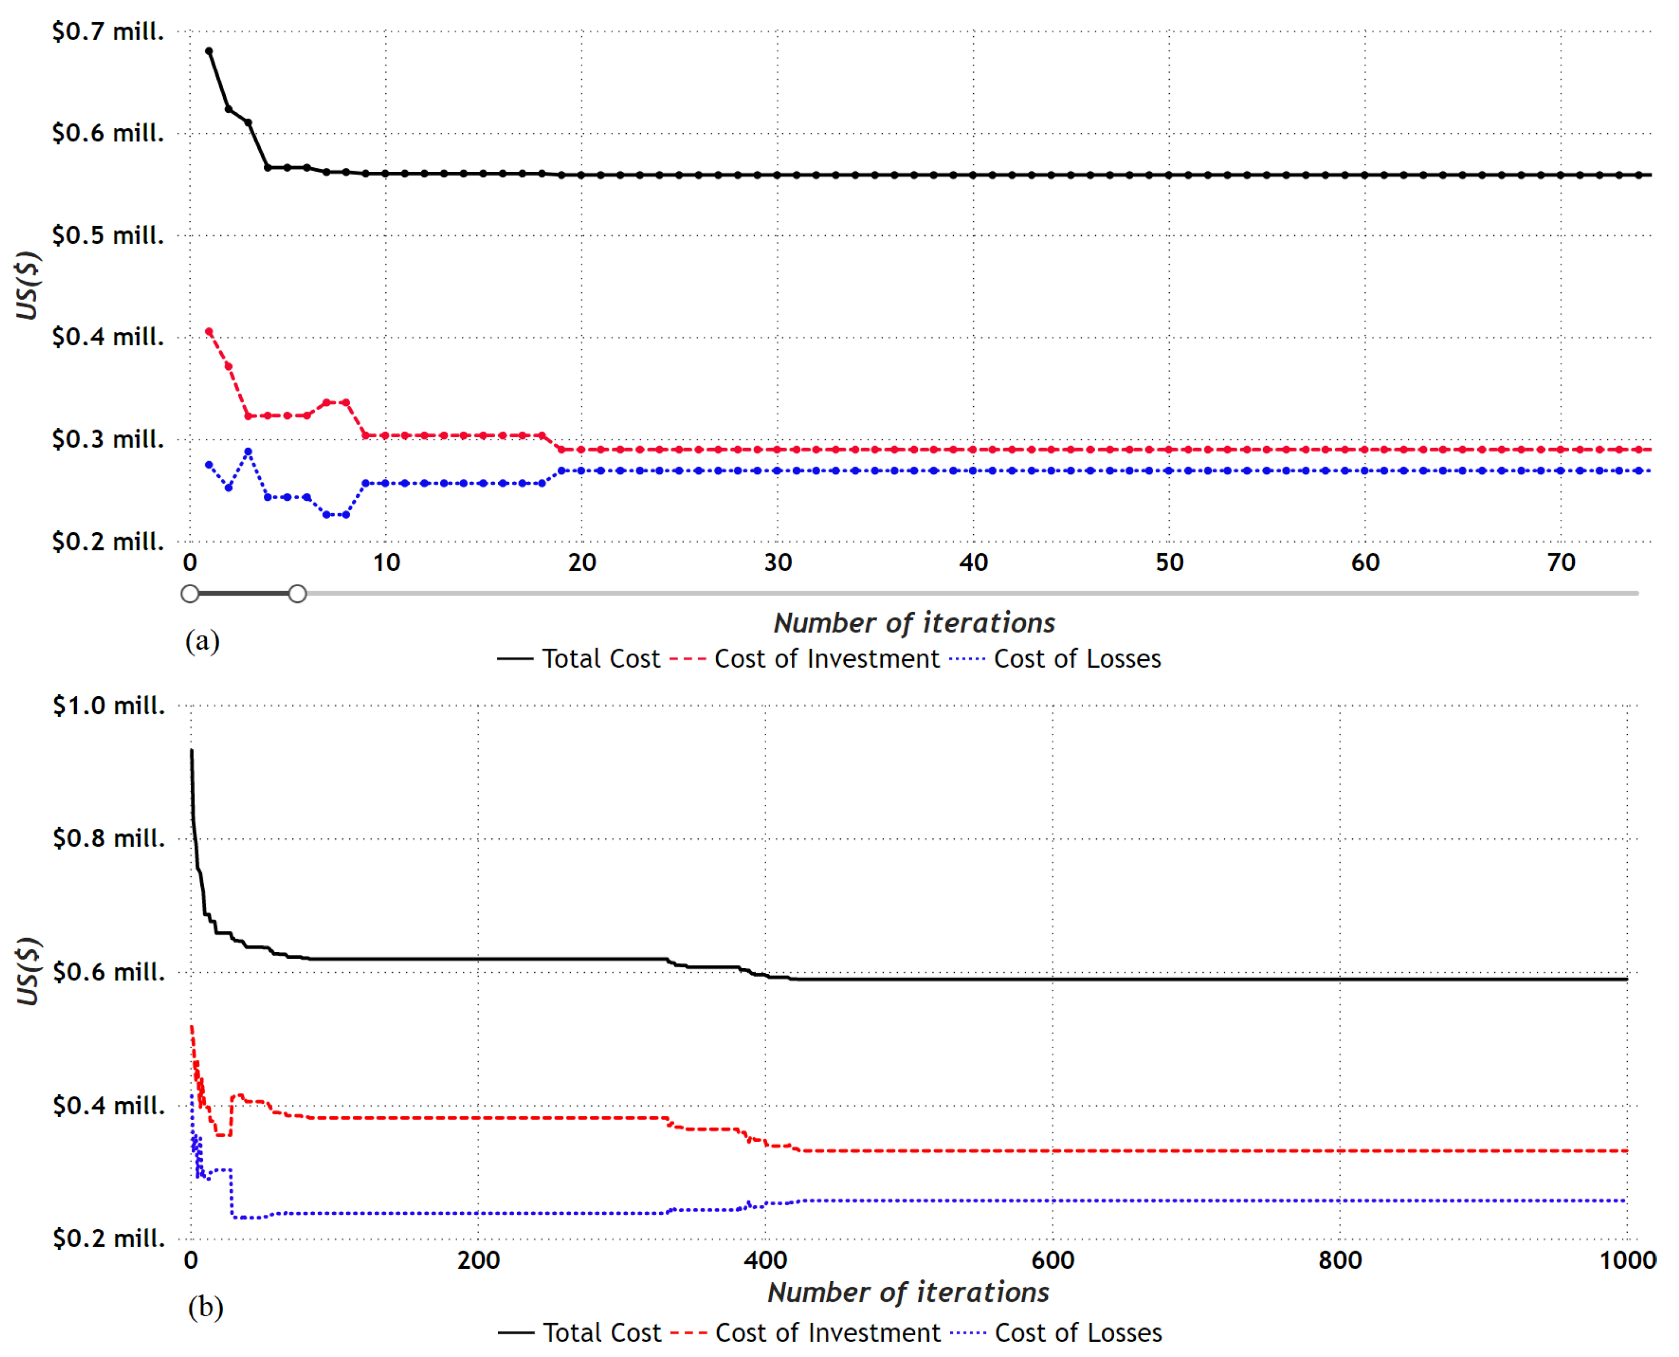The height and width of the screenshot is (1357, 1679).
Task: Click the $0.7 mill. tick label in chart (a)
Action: pyautogui.click(x=108, y=32)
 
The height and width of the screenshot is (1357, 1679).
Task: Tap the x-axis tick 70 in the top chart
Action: pyautogui.click(x=1561, y=563)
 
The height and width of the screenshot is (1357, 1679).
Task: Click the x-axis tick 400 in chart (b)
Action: pyautogui.click(x=765, y=1260)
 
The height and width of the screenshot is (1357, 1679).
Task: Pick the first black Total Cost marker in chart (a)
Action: pyautogui.click(x=209, y=51)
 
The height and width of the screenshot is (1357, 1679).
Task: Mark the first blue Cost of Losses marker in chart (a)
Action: pyautogui.click(x=209, y=465)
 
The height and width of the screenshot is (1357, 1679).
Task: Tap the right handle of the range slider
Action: pyautogui.click(x=297, y=594)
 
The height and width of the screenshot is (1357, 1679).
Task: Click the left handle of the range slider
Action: pyautogui.click(x=190, y=594)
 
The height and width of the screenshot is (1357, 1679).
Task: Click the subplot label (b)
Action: pyautogui.click(x=205, y=1307)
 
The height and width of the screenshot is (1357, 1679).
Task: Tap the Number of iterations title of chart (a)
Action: pyautogui.click(x=914, y=623)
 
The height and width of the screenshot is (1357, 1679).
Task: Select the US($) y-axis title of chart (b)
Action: pyautogui.click(x=28, y=971)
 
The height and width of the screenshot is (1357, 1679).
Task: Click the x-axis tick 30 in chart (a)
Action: pyautogui.click(x=777, y=563)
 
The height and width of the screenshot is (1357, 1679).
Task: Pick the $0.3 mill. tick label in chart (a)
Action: pyautogui.click(x=108, y=440)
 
